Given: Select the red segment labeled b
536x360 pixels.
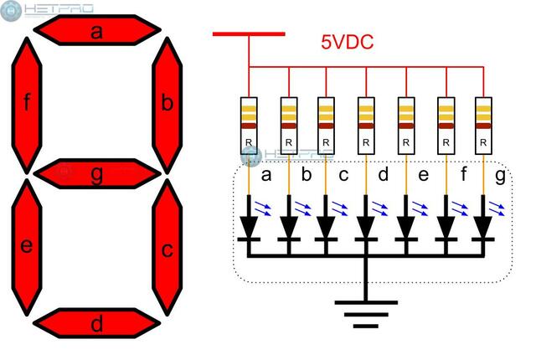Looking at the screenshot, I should pyautogui.click(x=167, y=103).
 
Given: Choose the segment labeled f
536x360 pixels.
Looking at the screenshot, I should pyautogui.click(x=28, y=103).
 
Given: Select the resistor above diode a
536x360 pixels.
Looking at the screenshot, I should pyautogui.click(x=248, y=126).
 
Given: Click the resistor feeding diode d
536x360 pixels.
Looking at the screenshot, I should pyautogui.click(x=365, y=126).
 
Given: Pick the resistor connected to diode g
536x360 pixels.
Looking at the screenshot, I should pyautogui.click(x=483, y=126).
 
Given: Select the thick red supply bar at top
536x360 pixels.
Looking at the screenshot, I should pyautogui.click(x=249, y=34).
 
